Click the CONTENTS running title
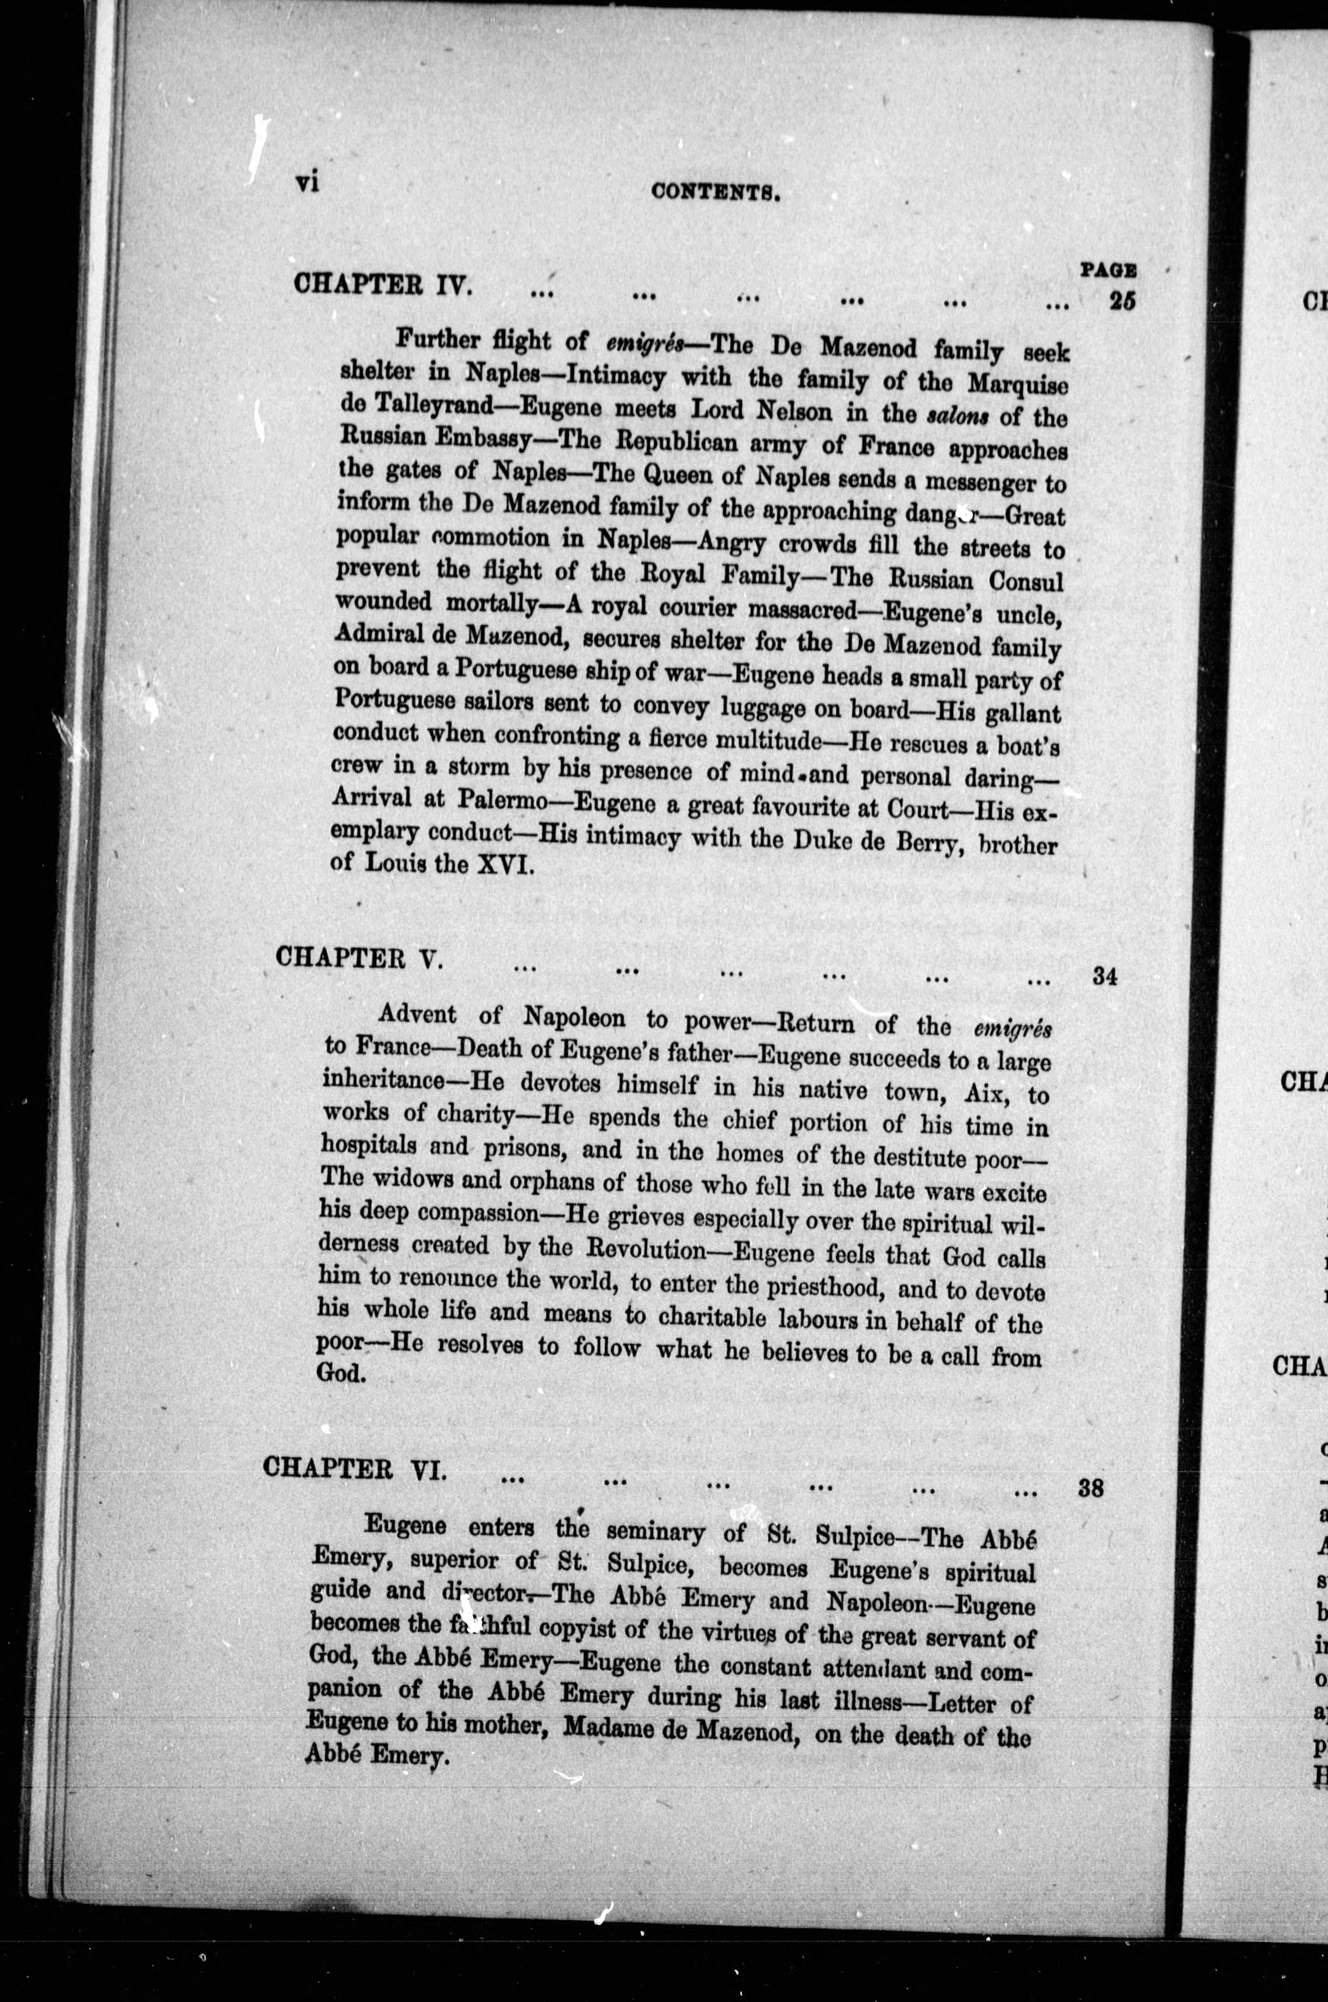715,192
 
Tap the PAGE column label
1108,270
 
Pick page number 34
1104,976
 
